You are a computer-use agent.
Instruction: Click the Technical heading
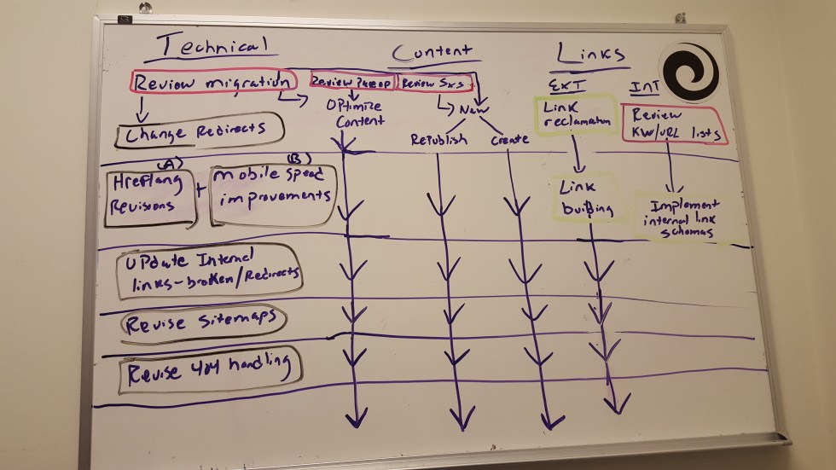coord(205,47)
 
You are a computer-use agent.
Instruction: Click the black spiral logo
coord(690,72)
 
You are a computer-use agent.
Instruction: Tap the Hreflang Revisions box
coord(148,196)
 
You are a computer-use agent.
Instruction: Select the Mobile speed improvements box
coord(272,193)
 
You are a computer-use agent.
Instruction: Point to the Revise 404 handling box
coord(209,371)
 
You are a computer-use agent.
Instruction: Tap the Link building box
coord(589,199)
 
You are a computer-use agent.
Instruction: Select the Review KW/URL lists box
coord(674,125)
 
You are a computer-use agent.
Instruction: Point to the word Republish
coord(438,140)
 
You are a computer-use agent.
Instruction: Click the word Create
coord(510,139)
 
